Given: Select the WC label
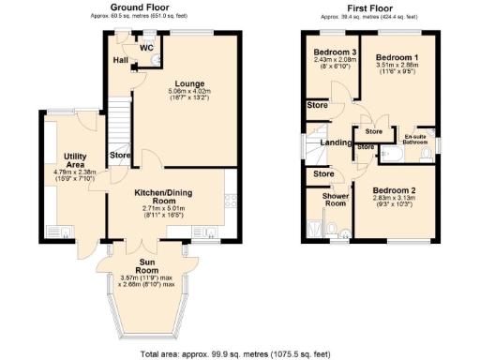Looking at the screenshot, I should click(x=147, y=46).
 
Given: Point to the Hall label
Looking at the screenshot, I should click(x=121, y=60).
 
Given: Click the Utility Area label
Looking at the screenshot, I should click(x=75, y=159).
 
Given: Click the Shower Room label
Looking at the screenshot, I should click(x=335, y=199).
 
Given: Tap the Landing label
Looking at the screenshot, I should click(x=336, y=142).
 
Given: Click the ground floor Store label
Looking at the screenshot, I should click(x=119, y=154).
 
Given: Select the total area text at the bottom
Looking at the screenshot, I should click(x=240, y=353).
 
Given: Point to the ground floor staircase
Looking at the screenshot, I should click(x=119, y=117).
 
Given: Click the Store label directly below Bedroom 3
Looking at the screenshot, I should click(x=316, y=106).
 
